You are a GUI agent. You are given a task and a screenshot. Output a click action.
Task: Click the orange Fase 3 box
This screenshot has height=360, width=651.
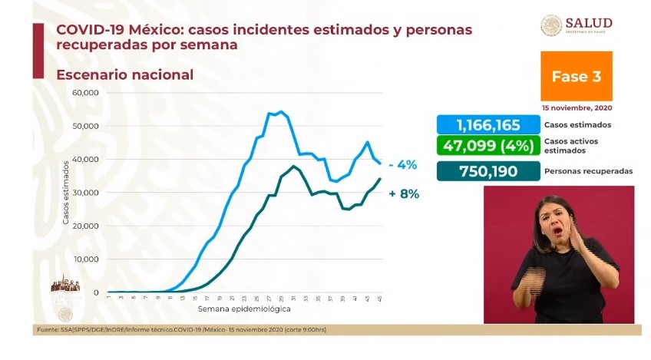[x=576, y=77]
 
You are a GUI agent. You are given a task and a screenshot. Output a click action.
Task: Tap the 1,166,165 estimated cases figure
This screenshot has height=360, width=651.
[x=488, y=125]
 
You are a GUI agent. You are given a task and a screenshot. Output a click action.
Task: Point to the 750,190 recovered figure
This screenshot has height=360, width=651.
[x=488, y=170]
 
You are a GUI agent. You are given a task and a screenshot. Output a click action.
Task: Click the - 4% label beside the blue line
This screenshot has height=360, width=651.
[x=402, y=165]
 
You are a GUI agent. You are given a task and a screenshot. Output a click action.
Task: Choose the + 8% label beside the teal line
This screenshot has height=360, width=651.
[x=404, y=194]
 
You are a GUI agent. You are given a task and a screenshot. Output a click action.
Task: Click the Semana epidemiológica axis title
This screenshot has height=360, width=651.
[x=244, y=309]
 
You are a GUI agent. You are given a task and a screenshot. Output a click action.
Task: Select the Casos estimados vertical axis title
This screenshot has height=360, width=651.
[x=67, y=193]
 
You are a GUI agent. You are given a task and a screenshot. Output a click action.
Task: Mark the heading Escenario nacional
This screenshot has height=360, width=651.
[x=124, y=75]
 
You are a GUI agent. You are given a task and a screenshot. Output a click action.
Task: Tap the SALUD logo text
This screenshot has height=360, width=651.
[x=589, y=22]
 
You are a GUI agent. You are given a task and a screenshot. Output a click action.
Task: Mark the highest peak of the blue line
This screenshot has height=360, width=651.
[x=281, y=112]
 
